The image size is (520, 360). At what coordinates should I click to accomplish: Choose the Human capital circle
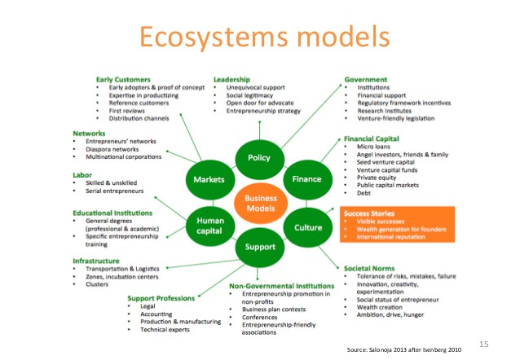tap(210, 222)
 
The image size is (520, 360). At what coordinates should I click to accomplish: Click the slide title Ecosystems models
tap(258, 37)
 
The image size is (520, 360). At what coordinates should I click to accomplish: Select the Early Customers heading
tap(121, 79)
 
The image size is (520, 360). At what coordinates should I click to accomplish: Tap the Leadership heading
tap(231, 79)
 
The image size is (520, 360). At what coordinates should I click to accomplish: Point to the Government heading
tap(365, 80)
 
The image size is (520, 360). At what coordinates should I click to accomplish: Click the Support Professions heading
tap(161, 298)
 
